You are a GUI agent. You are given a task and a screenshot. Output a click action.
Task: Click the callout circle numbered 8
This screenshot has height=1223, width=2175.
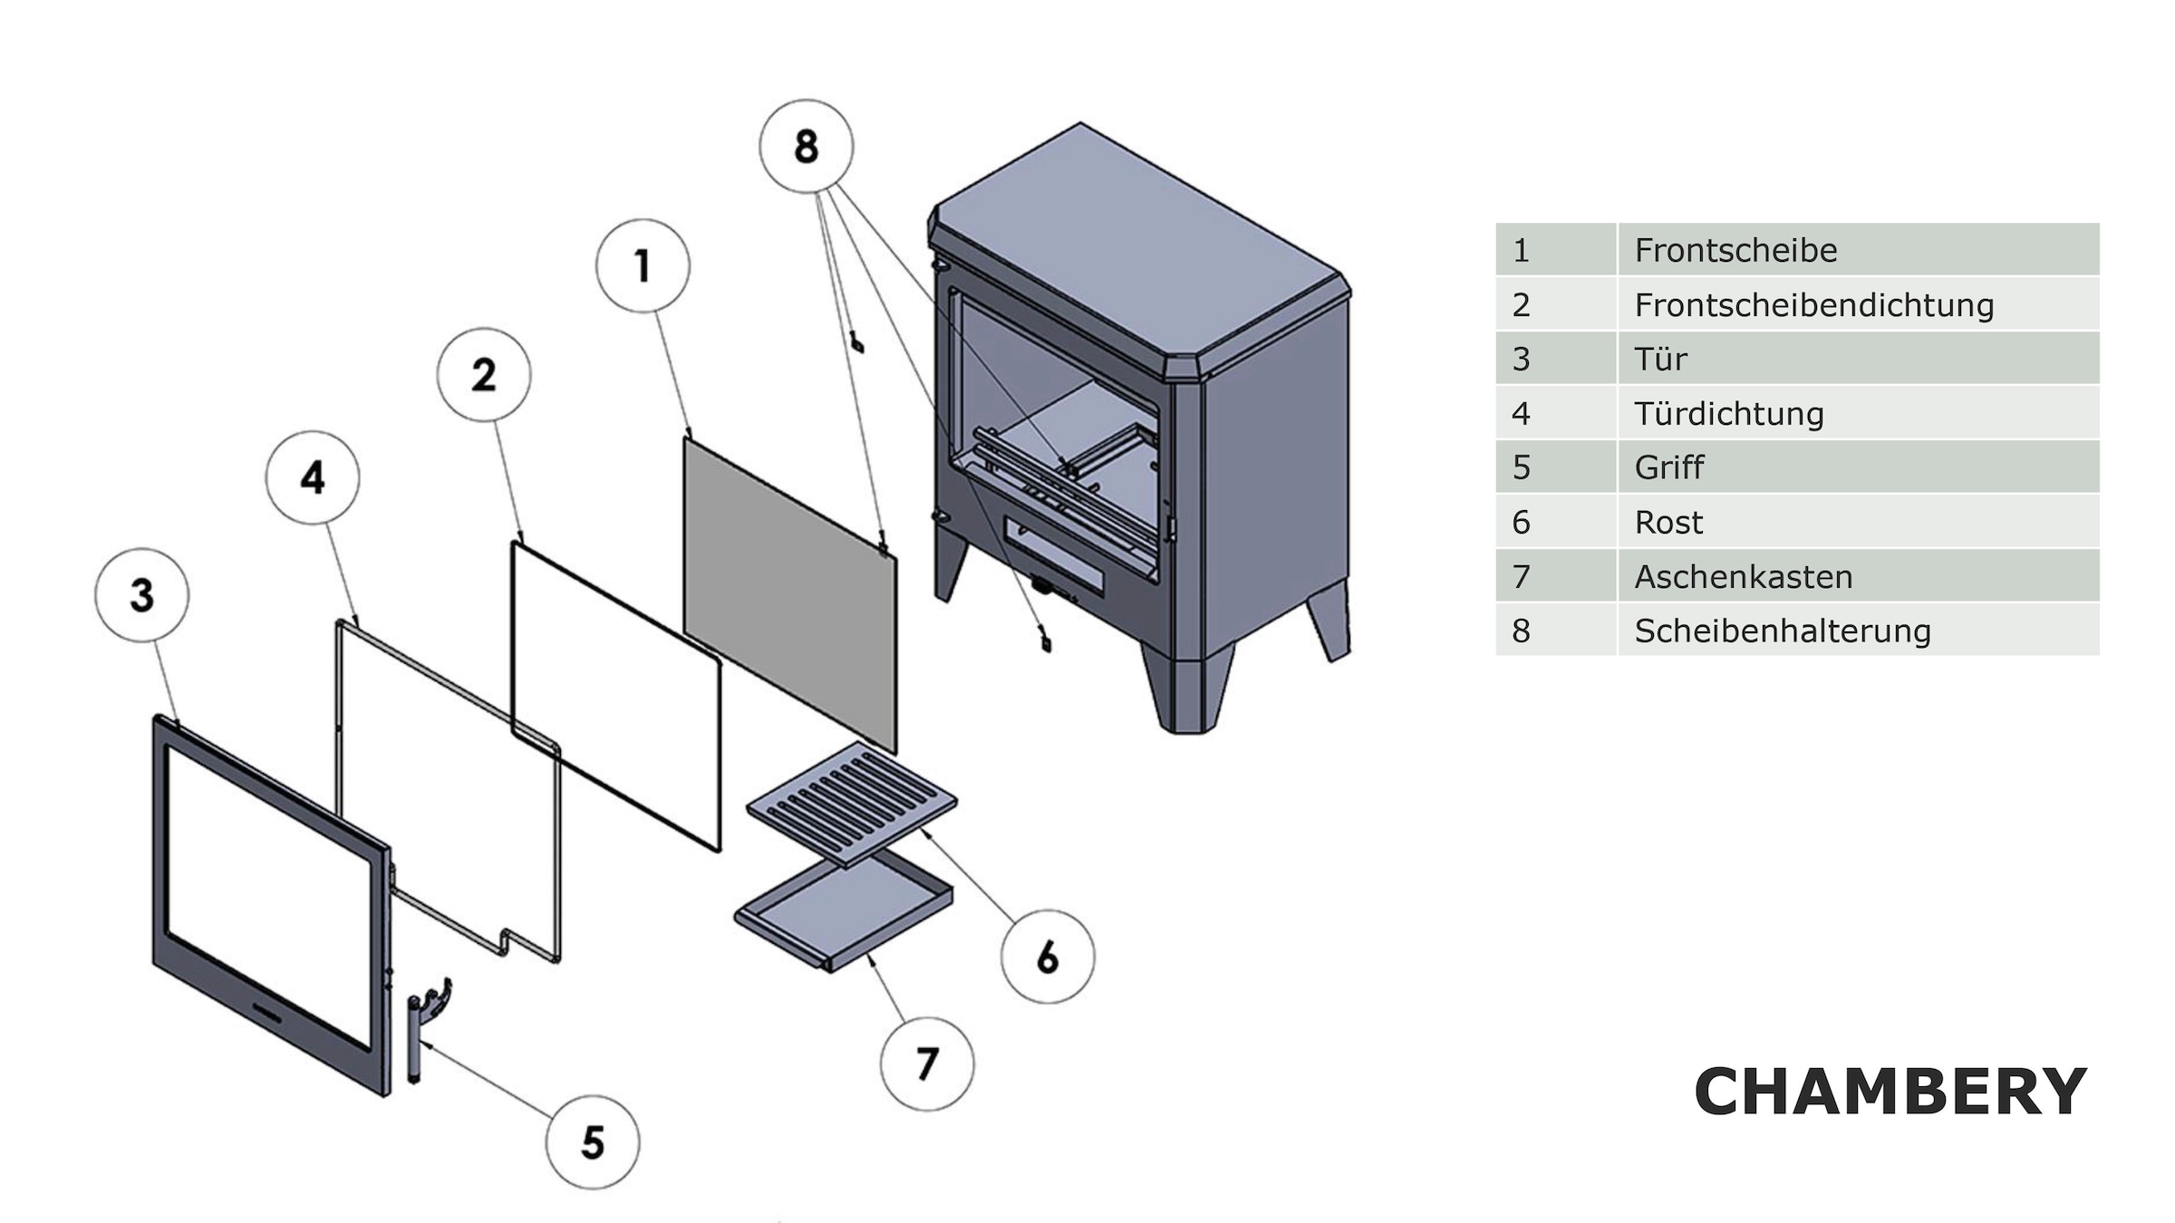tap(806, 146)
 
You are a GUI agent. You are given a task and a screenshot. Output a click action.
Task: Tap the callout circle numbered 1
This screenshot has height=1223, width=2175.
tap(643, 265)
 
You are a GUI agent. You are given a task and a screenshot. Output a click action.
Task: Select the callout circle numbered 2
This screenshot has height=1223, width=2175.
tap(484, 374)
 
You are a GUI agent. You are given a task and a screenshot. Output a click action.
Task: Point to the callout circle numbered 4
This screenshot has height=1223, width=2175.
tap(313, 477)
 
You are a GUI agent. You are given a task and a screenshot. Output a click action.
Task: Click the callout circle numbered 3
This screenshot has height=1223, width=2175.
tap(142, 595)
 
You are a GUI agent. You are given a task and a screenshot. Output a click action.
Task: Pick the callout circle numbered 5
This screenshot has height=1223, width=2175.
tap(593, 1141)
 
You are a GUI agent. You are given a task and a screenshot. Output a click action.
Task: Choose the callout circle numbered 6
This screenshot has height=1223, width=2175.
tap(1048, 957)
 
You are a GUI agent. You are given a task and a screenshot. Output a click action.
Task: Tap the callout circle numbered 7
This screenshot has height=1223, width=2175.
tap(927, 1064)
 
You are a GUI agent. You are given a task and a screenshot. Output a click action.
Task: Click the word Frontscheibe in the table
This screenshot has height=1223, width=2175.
tap(1735, 250)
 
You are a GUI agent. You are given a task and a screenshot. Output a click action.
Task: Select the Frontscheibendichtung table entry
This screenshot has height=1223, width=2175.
tap(1813, 305)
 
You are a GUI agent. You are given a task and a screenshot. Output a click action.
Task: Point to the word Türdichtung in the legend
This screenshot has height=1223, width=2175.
tap(1728, 414)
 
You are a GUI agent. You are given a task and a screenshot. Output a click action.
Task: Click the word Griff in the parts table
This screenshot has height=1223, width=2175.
tap(1668, 467)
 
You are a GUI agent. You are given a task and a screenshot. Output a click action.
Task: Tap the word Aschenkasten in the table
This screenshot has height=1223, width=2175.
tap(1743, 577)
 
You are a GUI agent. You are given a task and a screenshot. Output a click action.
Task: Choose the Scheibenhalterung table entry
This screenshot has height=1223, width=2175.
tap(1782, 631)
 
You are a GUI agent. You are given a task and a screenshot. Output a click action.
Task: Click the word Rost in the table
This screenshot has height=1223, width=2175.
tap(1667, 523)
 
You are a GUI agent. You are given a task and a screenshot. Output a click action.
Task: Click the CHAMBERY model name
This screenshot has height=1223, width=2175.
tap(1890, 1092)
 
